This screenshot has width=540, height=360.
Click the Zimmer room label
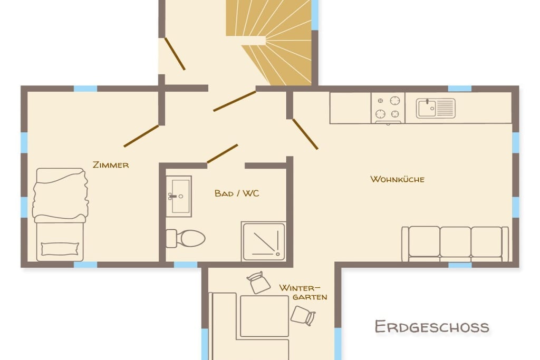111,165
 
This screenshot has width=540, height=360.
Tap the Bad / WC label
237,193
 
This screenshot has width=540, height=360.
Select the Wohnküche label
397,179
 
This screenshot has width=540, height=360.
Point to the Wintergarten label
303,292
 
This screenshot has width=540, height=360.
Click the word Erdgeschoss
432,327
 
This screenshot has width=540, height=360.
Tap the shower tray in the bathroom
264,241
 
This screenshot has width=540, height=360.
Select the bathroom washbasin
179,196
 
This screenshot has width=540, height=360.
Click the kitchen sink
436,108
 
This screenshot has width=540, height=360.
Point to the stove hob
388,108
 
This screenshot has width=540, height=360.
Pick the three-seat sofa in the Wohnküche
455,244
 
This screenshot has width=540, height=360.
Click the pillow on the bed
60,249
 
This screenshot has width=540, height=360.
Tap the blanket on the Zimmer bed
60,194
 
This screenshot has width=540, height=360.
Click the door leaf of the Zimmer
141,136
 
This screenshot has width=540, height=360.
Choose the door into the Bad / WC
222,154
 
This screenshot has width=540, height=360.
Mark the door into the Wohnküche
305,134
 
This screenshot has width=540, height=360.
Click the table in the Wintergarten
264,316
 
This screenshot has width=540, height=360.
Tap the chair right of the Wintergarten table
303,316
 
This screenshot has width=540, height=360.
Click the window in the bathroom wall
185,265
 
